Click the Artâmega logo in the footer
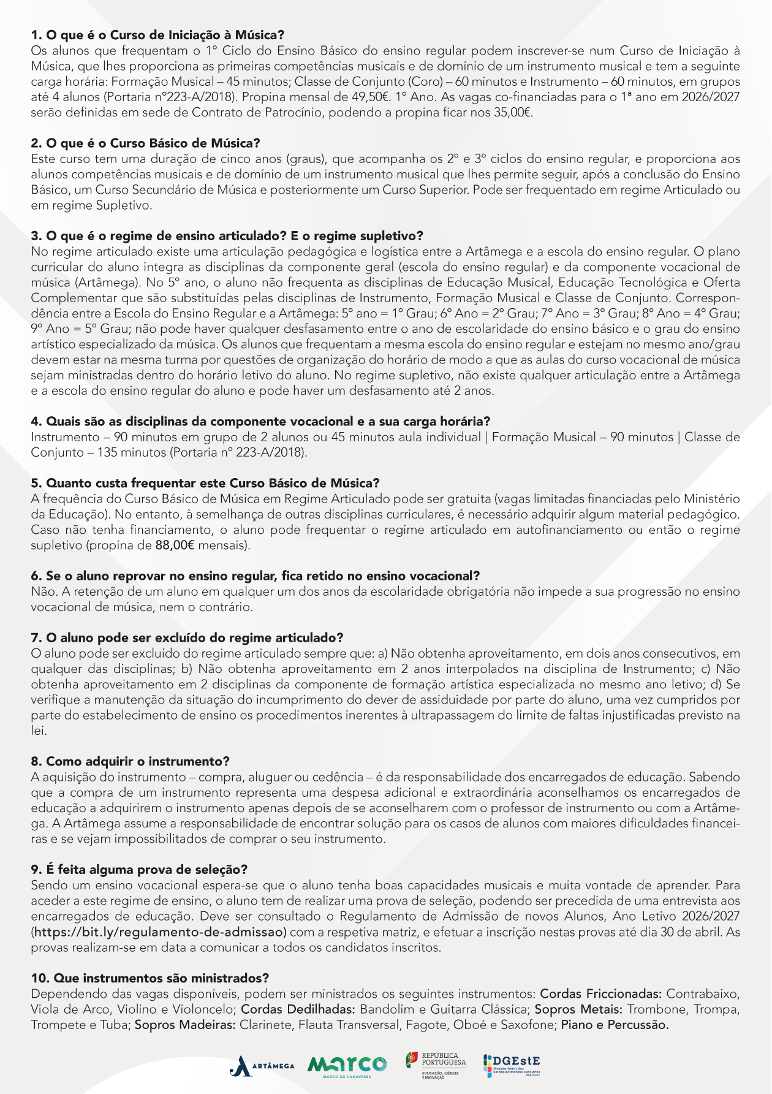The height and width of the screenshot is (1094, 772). (262, 1066)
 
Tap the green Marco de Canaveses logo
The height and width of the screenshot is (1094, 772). (347, 1065)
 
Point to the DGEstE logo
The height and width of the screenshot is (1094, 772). (512, 1065)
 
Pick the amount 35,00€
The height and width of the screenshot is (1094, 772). (513, 112)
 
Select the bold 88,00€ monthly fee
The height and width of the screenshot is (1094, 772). (175, 545)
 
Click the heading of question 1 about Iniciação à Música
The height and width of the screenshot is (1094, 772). (157, 35)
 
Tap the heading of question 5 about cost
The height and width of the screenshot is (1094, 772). (205, 483)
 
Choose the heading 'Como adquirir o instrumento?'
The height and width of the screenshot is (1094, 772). (130, 761)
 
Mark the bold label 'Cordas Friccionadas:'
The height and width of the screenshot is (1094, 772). (600, 993)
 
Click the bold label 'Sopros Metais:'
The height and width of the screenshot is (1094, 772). (579, 1009)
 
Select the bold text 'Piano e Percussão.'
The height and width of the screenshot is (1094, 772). (615, 1024)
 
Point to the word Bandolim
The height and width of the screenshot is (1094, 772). (384, 1009)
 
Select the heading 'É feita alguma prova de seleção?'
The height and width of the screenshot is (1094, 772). (139, 869)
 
